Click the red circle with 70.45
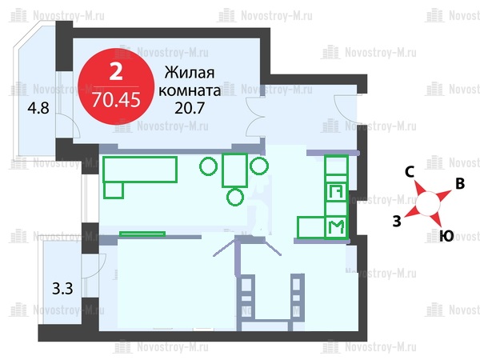tap(116, 86)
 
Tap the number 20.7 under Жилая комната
tap(190, 108)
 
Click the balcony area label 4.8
tap(38, 108)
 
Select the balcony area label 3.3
tap(62, 289)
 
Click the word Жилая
tap(190, 73)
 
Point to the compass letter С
tap(410, 172)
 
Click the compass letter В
tap(460, 184)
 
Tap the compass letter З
tap(397, 221)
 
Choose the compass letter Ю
tap(446, 236)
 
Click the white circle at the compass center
tap(428, 203)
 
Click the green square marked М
tap(336, 227)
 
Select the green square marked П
tap(337, 192)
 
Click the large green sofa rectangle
tap(140, 170)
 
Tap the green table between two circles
tap(234, 170)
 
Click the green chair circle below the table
tap(235, 197)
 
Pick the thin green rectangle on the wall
tap(142, 234)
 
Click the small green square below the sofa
tap(114, 190)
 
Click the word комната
tap(190, 91)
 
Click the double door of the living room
tap(254, 117)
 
